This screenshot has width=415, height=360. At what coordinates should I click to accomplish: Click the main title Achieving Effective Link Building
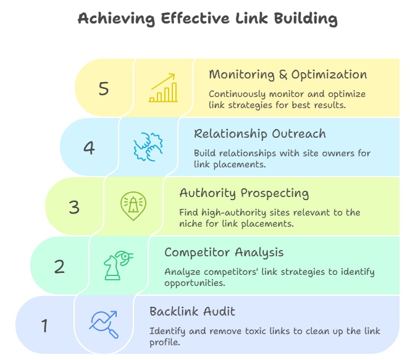coord(207,19)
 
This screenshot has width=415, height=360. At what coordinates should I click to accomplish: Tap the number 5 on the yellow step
coord(104,88)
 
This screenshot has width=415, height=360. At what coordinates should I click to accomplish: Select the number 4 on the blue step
coord(89,148)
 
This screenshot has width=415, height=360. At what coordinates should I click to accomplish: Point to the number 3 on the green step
coord(74,207)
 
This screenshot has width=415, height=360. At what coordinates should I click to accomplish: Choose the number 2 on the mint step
coord(59,266)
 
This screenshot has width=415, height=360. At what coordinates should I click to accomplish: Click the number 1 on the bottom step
coord(44,325)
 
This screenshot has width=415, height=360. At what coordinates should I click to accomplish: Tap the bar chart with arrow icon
coord(163,88)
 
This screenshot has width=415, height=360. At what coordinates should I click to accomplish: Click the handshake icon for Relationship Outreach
coord(148,148)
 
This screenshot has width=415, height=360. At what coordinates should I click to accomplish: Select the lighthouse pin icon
coord(133,206)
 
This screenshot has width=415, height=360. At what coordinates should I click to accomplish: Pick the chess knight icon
coord(117,266)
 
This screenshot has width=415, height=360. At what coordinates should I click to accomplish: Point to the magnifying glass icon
coord(104,325)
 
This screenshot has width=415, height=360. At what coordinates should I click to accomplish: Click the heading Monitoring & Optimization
coord(288,75)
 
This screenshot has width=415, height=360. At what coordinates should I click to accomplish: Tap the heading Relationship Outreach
coord(259,134)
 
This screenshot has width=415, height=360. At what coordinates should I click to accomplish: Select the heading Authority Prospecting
coord(244,193)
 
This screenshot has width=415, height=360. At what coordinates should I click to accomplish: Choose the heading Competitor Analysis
coord(224,253)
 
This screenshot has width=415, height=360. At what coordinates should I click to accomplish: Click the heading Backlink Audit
coord(192,312)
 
